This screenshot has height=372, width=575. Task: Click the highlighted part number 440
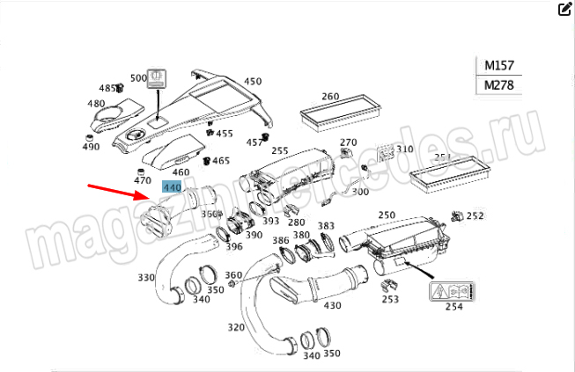coord(172,187)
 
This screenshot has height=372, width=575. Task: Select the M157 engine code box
coord(498,65)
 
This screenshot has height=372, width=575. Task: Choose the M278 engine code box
coord(498,85)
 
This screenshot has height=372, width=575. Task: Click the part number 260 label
coord(329,97)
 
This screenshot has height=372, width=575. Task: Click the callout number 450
coord(253,82)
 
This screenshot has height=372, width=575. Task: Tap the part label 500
coord(138,78)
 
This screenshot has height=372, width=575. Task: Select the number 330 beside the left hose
coord(146,278)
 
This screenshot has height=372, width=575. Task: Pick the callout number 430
coord(332,305)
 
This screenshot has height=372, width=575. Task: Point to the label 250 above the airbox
coord(387,215)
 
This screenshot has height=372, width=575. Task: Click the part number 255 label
coord(280,150)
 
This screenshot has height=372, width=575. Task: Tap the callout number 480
coord(96,104)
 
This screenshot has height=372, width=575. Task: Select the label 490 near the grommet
coord(91,147)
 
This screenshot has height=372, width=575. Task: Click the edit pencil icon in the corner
coord(564,10)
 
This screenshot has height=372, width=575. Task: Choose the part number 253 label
coord(390,299)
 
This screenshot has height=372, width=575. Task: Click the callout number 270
coord(349,142)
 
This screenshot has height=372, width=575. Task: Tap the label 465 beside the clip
coord(220,161)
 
